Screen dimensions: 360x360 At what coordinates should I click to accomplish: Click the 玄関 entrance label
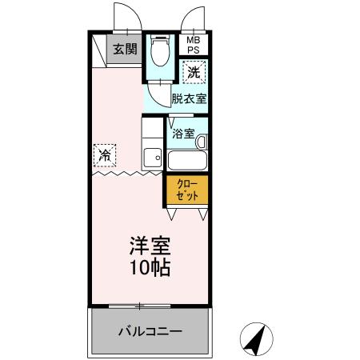[125, 49]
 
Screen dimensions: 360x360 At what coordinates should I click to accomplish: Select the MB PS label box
[194, 45]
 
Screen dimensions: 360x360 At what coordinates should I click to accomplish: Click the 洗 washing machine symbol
[194, 73]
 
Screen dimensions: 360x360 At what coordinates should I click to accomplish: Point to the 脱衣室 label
[190, 99]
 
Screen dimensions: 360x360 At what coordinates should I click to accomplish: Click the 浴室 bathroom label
[183, 134]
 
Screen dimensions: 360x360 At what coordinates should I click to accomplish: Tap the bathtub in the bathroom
[187, 158]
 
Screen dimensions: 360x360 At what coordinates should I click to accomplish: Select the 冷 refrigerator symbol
[104, 154]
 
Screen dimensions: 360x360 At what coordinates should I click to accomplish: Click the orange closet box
[187, 190]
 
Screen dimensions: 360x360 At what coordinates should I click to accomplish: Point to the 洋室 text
[150, 245]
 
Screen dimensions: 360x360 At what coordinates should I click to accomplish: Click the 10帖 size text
[150, 268]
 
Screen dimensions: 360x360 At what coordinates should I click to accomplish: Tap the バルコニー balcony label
[150, 330]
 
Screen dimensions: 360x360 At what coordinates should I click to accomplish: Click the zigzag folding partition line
[128, 172]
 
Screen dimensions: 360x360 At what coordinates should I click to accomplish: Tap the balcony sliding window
[140, 306]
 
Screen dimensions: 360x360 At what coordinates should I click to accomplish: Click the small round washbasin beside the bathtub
[202, 142]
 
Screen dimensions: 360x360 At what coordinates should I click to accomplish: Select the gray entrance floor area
[125, 53]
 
